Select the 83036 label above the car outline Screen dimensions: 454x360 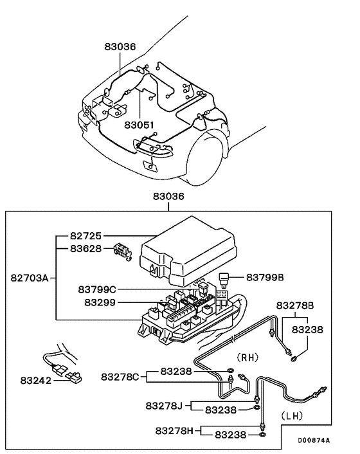[120, 47]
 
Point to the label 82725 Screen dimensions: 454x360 [85, 236]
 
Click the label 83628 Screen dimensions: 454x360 [85, 248]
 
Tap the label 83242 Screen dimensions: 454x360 [28, 380]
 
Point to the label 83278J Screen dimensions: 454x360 [164, 405]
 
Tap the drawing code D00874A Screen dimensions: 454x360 [313, 441]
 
